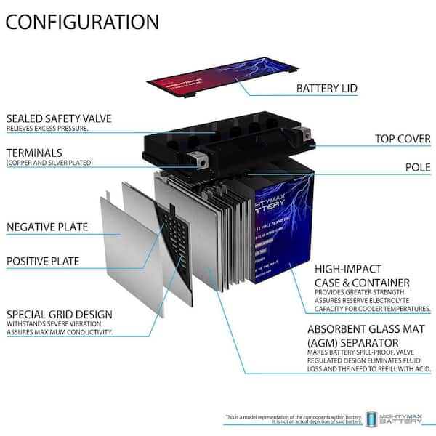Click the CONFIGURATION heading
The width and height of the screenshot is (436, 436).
[82, 21]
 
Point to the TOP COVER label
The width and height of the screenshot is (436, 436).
[403, 138]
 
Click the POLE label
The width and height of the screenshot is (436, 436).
[418, 167]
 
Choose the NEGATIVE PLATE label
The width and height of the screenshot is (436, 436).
[47, 227]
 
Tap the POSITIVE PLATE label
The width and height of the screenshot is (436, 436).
[43, 261]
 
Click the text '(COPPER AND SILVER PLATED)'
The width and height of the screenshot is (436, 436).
[49, 163]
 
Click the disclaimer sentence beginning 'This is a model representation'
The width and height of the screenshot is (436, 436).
[294, 418]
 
